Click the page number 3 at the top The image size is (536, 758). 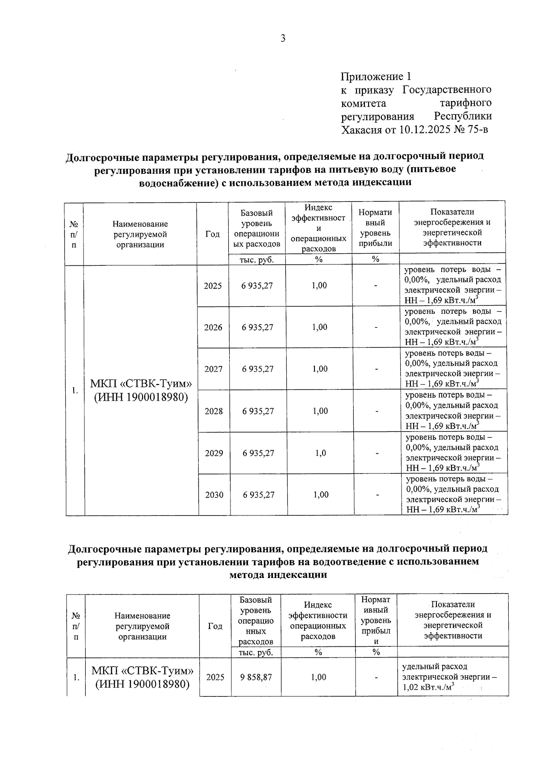tap(282, 38)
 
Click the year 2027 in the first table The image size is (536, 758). tap(213, 369)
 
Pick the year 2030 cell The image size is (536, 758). tap(214, 495)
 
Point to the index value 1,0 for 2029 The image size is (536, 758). tap(320, 453)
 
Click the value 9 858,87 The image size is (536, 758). tap(256, 677)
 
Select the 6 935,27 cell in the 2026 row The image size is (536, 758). tap(257, 327)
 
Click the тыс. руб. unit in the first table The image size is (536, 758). tap(257, 260)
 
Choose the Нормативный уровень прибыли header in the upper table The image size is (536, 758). tap(375, 228)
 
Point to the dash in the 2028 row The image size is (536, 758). tap(377, 411)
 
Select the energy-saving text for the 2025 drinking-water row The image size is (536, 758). tap(452, 285)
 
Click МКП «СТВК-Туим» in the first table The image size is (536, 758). tap(141, 384)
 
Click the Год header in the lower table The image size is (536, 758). tap(215, 626)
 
